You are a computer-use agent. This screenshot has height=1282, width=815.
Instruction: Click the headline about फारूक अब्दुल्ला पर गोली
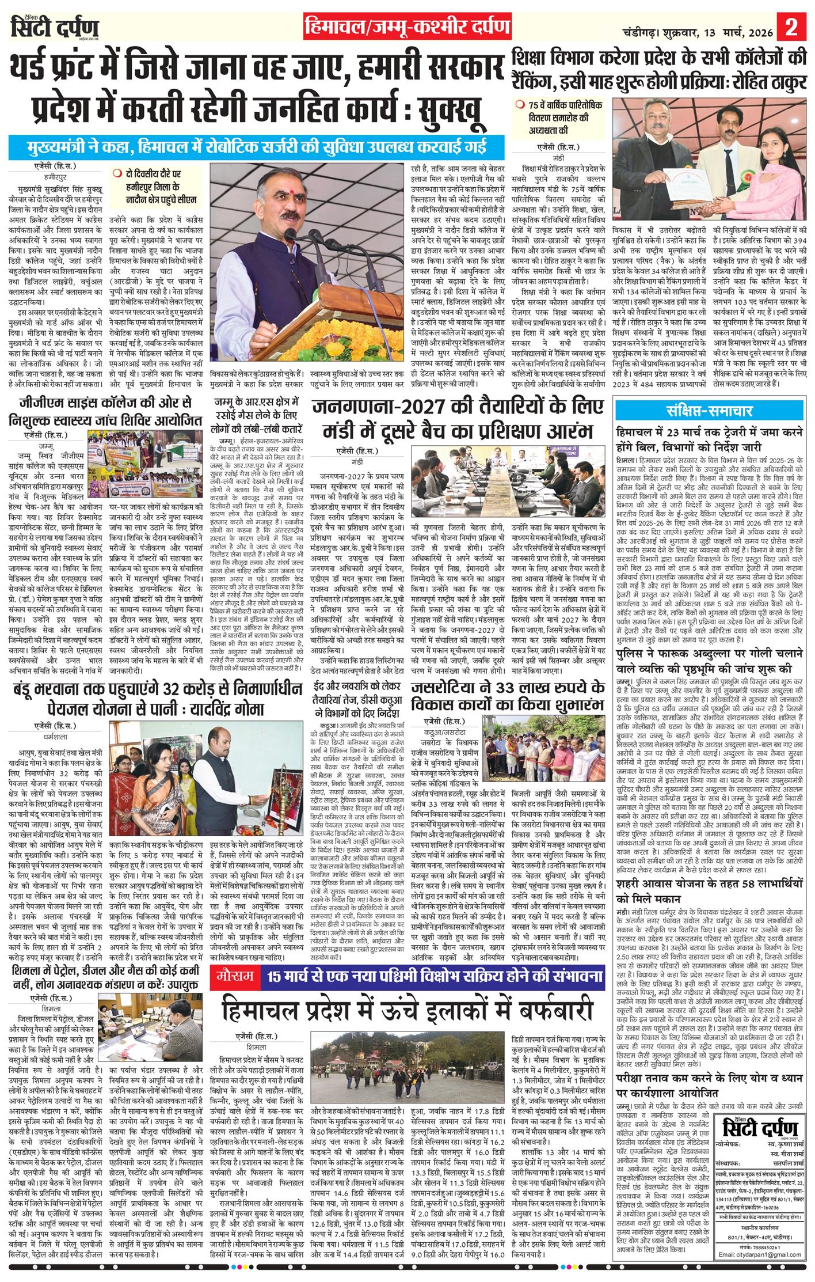pyautogui.click(x=710, y=663)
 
